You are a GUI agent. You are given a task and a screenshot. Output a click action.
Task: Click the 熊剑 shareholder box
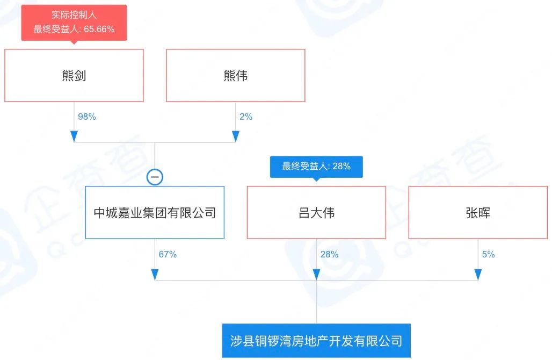[x=74, y=75]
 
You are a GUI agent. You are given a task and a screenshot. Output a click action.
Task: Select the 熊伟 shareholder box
[x=236, y=75]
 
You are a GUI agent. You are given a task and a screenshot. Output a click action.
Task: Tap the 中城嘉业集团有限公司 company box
[x=155, y=212]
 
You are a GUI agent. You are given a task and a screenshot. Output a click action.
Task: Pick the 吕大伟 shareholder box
[x=316, y=212]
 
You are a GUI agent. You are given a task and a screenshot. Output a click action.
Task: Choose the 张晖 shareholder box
[x=478, y=212]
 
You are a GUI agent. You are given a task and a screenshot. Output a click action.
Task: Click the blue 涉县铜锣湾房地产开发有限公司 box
[x=316, y=341]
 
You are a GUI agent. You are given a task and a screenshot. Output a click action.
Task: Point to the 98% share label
[x=87, y=117]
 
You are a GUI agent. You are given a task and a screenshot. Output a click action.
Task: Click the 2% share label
[x=246, y=117]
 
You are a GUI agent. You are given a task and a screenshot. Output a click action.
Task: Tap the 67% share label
[x=168, y=254]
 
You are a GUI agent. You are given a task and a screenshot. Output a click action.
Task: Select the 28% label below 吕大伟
[x=329, y=254]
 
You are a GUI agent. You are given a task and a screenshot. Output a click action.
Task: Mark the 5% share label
[x=488, y=254]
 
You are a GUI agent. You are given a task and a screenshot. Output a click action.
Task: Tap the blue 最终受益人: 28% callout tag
[x=316, y=167]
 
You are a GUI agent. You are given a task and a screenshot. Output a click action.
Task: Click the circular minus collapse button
[x=155, y=177]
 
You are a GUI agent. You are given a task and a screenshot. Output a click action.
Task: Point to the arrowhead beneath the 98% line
[x=74, y=136]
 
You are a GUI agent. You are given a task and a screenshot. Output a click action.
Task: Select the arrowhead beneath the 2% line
[x=236, y=136]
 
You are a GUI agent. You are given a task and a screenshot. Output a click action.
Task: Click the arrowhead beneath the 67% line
[x=155, y=275]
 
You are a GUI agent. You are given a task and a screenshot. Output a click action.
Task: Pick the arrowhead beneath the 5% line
[x=478, y=275]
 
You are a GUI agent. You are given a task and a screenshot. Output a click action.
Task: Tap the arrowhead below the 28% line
[x=316, y=275]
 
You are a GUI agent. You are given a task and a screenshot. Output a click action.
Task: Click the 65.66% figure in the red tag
[x=99, y=29]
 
